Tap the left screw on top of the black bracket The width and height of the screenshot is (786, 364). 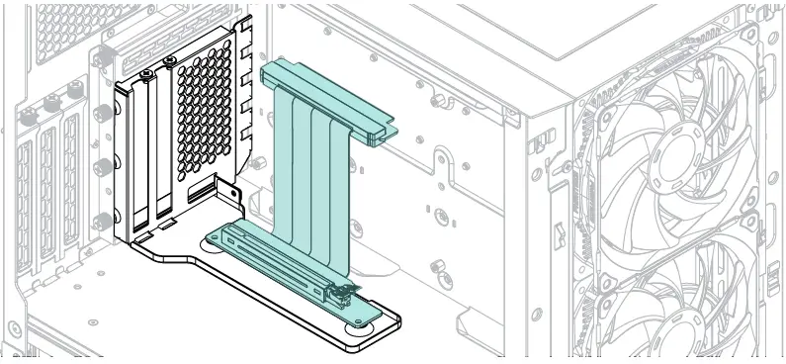point(146,75)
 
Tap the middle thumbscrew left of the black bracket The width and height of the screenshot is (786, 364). point(102,165)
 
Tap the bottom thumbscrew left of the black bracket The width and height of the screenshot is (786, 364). point(100,219)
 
